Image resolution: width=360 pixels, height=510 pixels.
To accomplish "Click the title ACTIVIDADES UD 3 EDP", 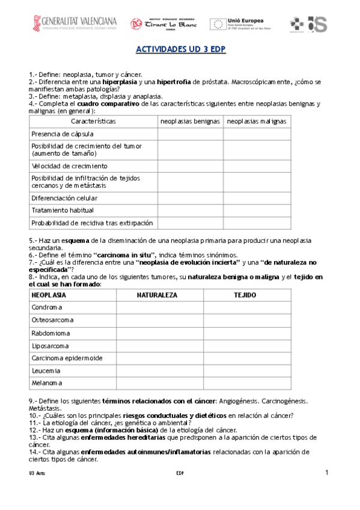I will coord(180,50).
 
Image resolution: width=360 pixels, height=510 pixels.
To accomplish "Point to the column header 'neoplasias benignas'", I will coord(189,121).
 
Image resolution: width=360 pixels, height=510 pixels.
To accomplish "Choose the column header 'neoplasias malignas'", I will coord(257,121).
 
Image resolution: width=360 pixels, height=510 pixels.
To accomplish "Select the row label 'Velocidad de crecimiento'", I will coord(69,165).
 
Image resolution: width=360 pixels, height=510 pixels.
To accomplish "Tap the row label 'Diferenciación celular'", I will coord(64,198).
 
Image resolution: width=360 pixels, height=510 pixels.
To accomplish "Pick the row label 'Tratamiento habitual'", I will coord(63,210).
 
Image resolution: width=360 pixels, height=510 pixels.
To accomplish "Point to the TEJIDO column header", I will coord(245,295).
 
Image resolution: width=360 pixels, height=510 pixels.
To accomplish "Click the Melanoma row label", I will coord(47,383).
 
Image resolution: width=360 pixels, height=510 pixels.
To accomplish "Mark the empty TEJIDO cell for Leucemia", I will coord(245,370).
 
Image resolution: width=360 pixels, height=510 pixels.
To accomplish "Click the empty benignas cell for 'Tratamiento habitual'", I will coord(189,210).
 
